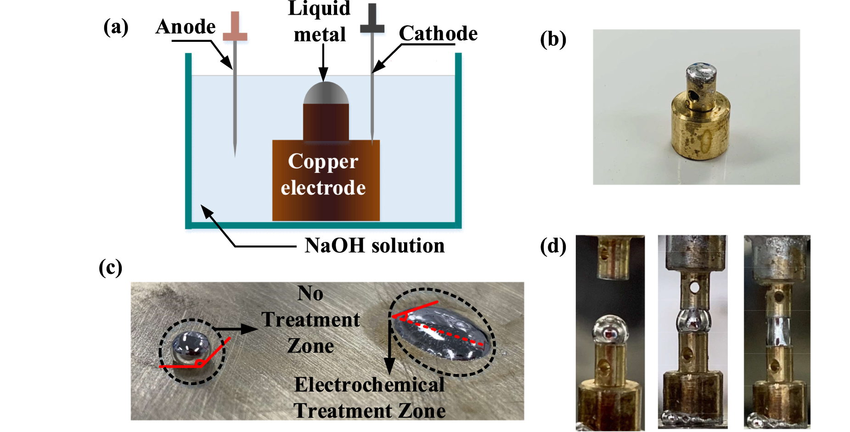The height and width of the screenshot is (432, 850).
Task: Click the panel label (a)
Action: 116,27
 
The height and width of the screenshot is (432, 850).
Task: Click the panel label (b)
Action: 553,40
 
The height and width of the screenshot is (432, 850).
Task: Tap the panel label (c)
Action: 111,267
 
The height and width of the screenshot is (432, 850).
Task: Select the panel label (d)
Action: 553,246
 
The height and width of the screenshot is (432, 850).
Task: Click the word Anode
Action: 186,27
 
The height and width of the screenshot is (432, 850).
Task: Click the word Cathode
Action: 438,34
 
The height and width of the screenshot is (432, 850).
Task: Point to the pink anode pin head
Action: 235,28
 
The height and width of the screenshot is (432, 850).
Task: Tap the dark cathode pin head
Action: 372,21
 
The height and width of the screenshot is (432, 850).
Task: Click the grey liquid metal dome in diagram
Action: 326,94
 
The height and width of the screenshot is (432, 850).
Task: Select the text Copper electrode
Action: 323,175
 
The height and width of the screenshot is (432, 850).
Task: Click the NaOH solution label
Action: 374,245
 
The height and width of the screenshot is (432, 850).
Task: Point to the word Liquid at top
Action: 319,8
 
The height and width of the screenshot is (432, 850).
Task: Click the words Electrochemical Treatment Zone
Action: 369,398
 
